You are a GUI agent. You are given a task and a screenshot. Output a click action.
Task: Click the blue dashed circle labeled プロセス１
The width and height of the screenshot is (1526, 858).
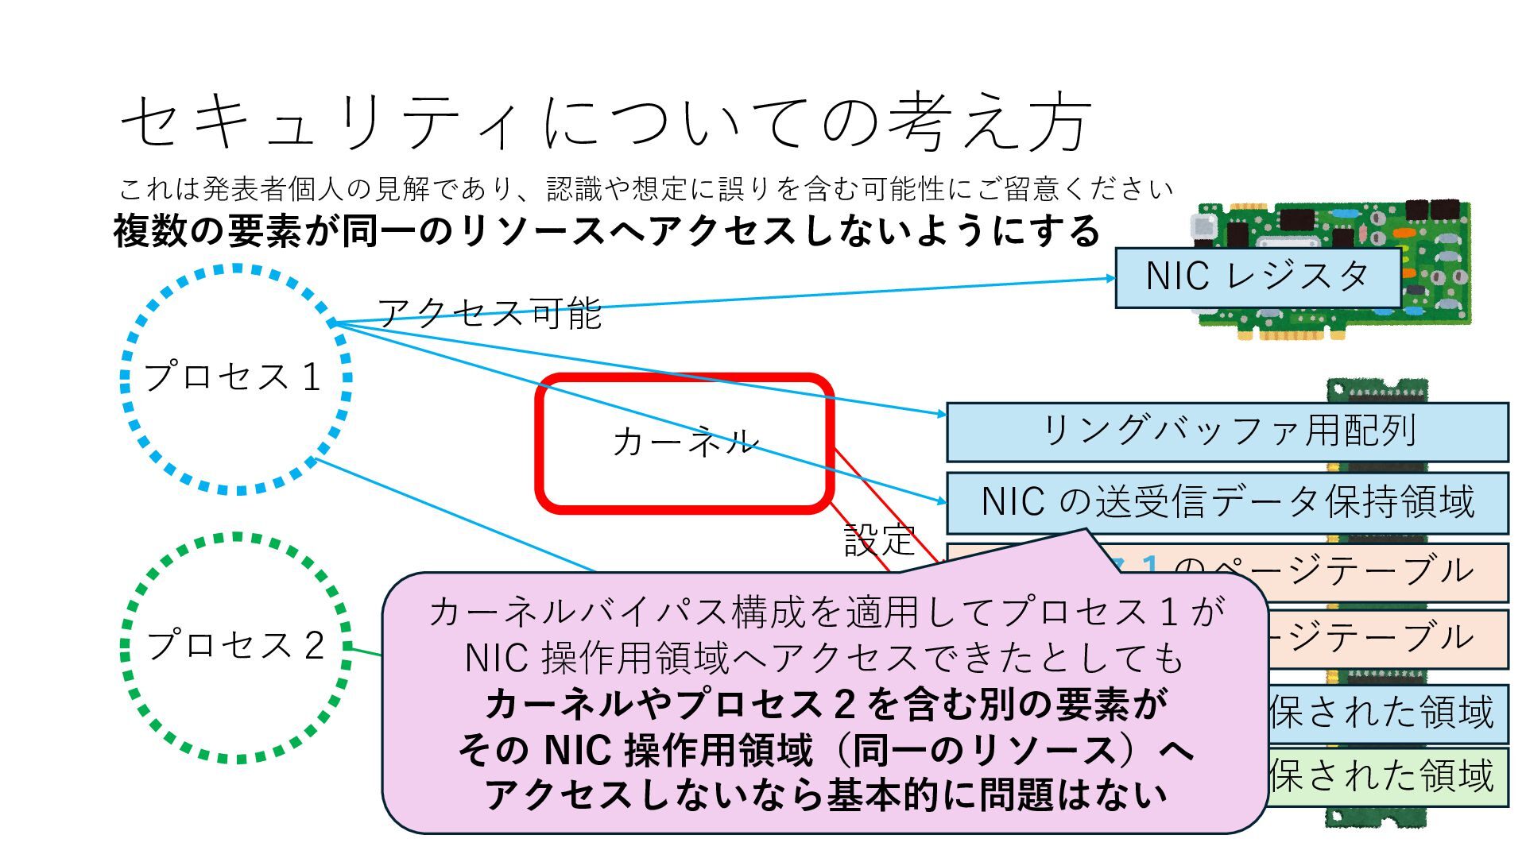[x=235, y=379]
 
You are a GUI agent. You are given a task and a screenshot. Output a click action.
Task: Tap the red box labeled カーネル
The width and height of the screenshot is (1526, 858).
[x=684, y=443]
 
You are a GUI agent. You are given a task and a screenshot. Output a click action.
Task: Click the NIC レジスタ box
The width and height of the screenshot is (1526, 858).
[x=1257, y=277]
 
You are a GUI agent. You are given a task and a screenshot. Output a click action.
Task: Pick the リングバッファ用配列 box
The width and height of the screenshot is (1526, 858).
[x=1227, y=431]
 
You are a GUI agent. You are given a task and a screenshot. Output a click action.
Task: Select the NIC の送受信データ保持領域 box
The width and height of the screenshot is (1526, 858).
[x=1227, y=502]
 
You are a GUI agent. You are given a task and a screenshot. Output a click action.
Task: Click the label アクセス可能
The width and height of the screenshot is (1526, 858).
[x=489, y=313]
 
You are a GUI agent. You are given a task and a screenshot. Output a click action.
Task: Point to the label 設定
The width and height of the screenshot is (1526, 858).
[x=879, y=540]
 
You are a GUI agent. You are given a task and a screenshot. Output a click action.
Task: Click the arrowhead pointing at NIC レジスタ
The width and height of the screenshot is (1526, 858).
[x=1110, y=278]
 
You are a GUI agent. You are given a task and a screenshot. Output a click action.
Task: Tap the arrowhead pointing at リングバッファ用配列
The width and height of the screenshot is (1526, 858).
[x=942, y=413]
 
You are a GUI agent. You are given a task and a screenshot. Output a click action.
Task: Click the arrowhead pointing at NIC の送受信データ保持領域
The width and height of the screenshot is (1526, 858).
[x=942, y=501]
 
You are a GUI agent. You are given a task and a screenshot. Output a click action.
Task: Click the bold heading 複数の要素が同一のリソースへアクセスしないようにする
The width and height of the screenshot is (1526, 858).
[x=606, y=231]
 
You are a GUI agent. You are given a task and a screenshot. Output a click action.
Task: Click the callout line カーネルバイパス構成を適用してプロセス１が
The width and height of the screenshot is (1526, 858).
[x=825, y=612]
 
